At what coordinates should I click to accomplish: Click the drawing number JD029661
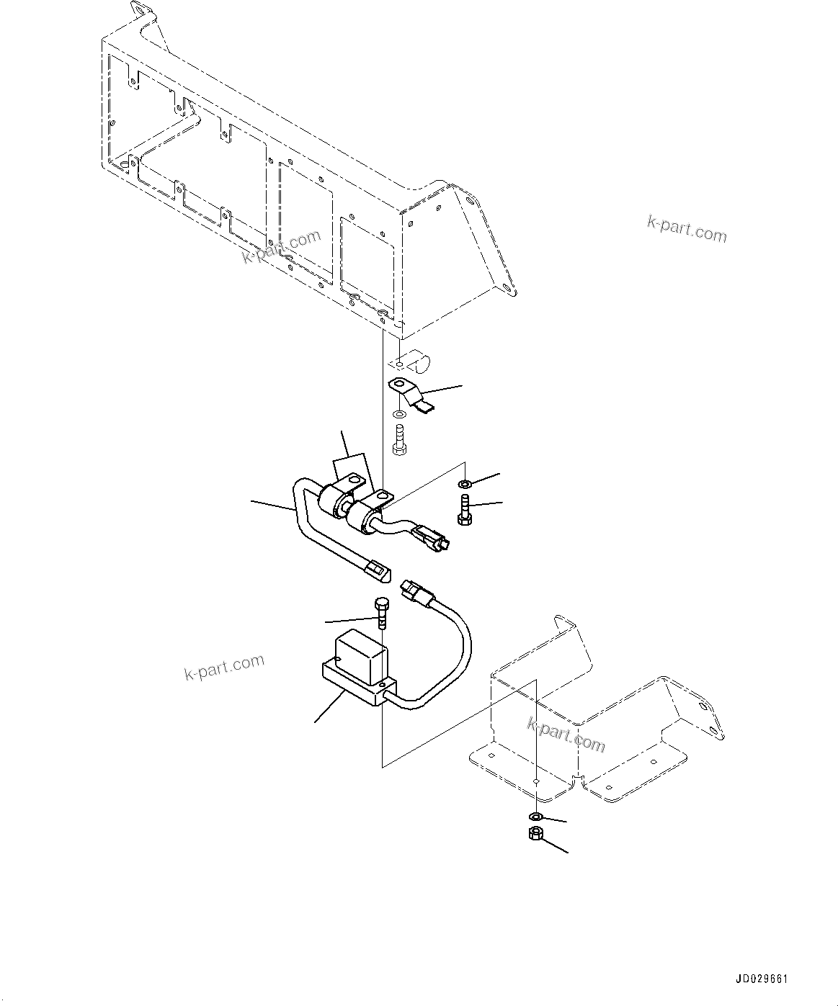[x=762, y=979]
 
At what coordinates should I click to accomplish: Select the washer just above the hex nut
[x=535, y=816]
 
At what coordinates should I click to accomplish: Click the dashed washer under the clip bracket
[x=399, y=416]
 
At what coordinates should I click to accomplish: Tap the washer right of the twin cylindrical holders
[x=465, y=482]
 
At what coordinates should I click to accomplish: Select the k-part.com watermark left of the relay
[x=224, y=667]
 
